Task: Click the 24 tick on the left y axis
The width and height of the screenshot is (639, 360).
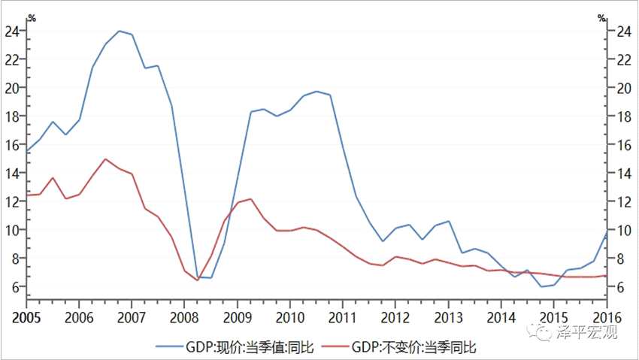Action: [x=11, y=32]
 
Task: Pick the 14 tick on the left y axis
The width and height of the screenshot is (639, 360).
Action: [x=11, y=173]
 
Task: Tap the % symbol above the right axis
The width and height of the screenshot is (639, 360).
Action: [x=601, y=17]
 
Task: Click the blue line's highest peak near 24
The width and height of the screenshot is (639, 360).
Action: [x=119, y=31]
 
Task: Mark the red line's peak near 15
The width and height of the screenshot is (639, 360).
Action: [x=105, y=159]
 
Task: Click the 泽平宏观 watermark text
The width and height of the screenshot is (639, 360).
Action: [x=592, y=331]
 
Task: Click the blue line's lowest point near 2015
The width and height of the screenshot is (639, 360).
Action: [x=541, y=286]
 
